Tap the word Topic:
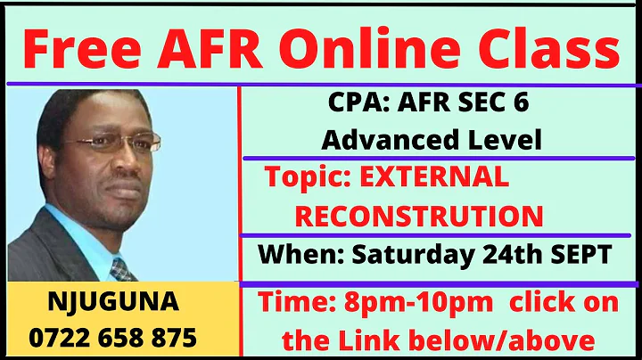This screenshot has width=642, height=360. tap(303, 177)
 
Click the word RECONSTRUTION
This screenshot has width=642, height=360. tap(418, 215)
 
